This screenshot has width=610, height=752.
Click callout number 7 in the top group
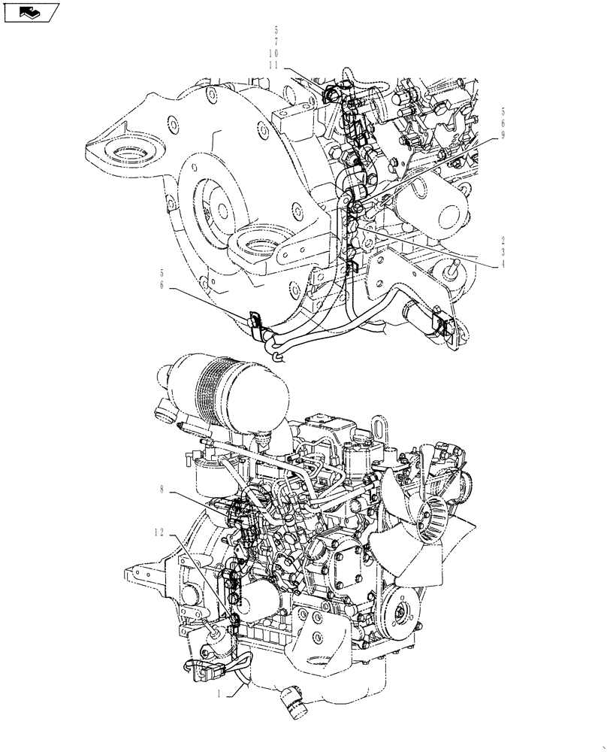click(x=276, y=43)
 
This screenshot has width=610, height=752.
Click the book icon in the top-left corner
click(x=31, y=12)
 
